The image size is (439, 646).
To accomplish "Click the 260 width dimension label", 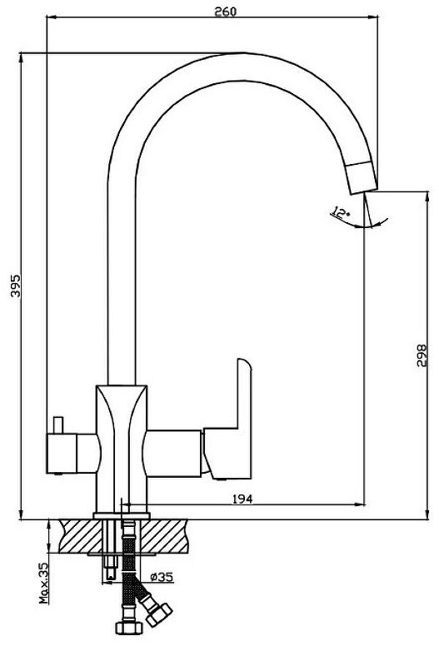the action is coord(226,12).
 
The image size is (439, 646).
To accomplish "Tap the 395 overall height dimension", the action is coord(15,285).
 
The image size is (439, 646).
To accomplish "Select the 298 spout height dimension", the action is coord(422,355).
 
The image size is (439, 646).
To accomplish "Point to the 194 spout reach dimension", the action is coord(242,499).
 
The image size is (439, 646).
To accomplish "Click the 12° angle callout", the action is coord(340,213).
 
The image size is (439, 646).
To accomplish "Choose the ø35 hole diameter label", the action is coord(162,577).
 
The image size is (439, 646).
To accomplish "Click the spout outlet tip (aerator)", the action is coord(362,177).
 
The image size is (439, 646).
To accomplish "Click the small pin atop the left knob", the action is coord(57,425).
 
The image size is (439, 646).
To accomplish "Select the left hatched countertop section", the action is coord(81,535).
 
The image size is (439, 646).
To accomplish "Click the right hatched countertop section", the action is coord(164,535).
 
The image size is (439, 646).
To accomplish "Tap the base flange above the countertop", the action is coord(122,516).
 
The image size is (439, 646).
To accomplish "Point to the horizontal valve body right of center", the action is coord(174,453).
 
